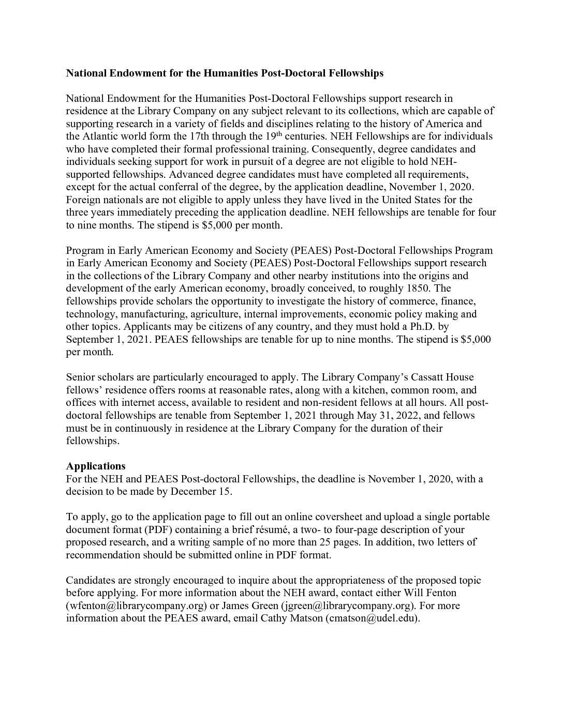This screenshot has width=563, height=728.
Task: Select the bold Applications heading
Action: tap(96, 466)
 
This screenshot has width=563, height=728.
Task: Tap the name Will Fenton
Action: tap(433, 593)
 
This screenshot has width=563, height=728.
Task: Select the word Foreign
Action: tap(83, 200)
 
